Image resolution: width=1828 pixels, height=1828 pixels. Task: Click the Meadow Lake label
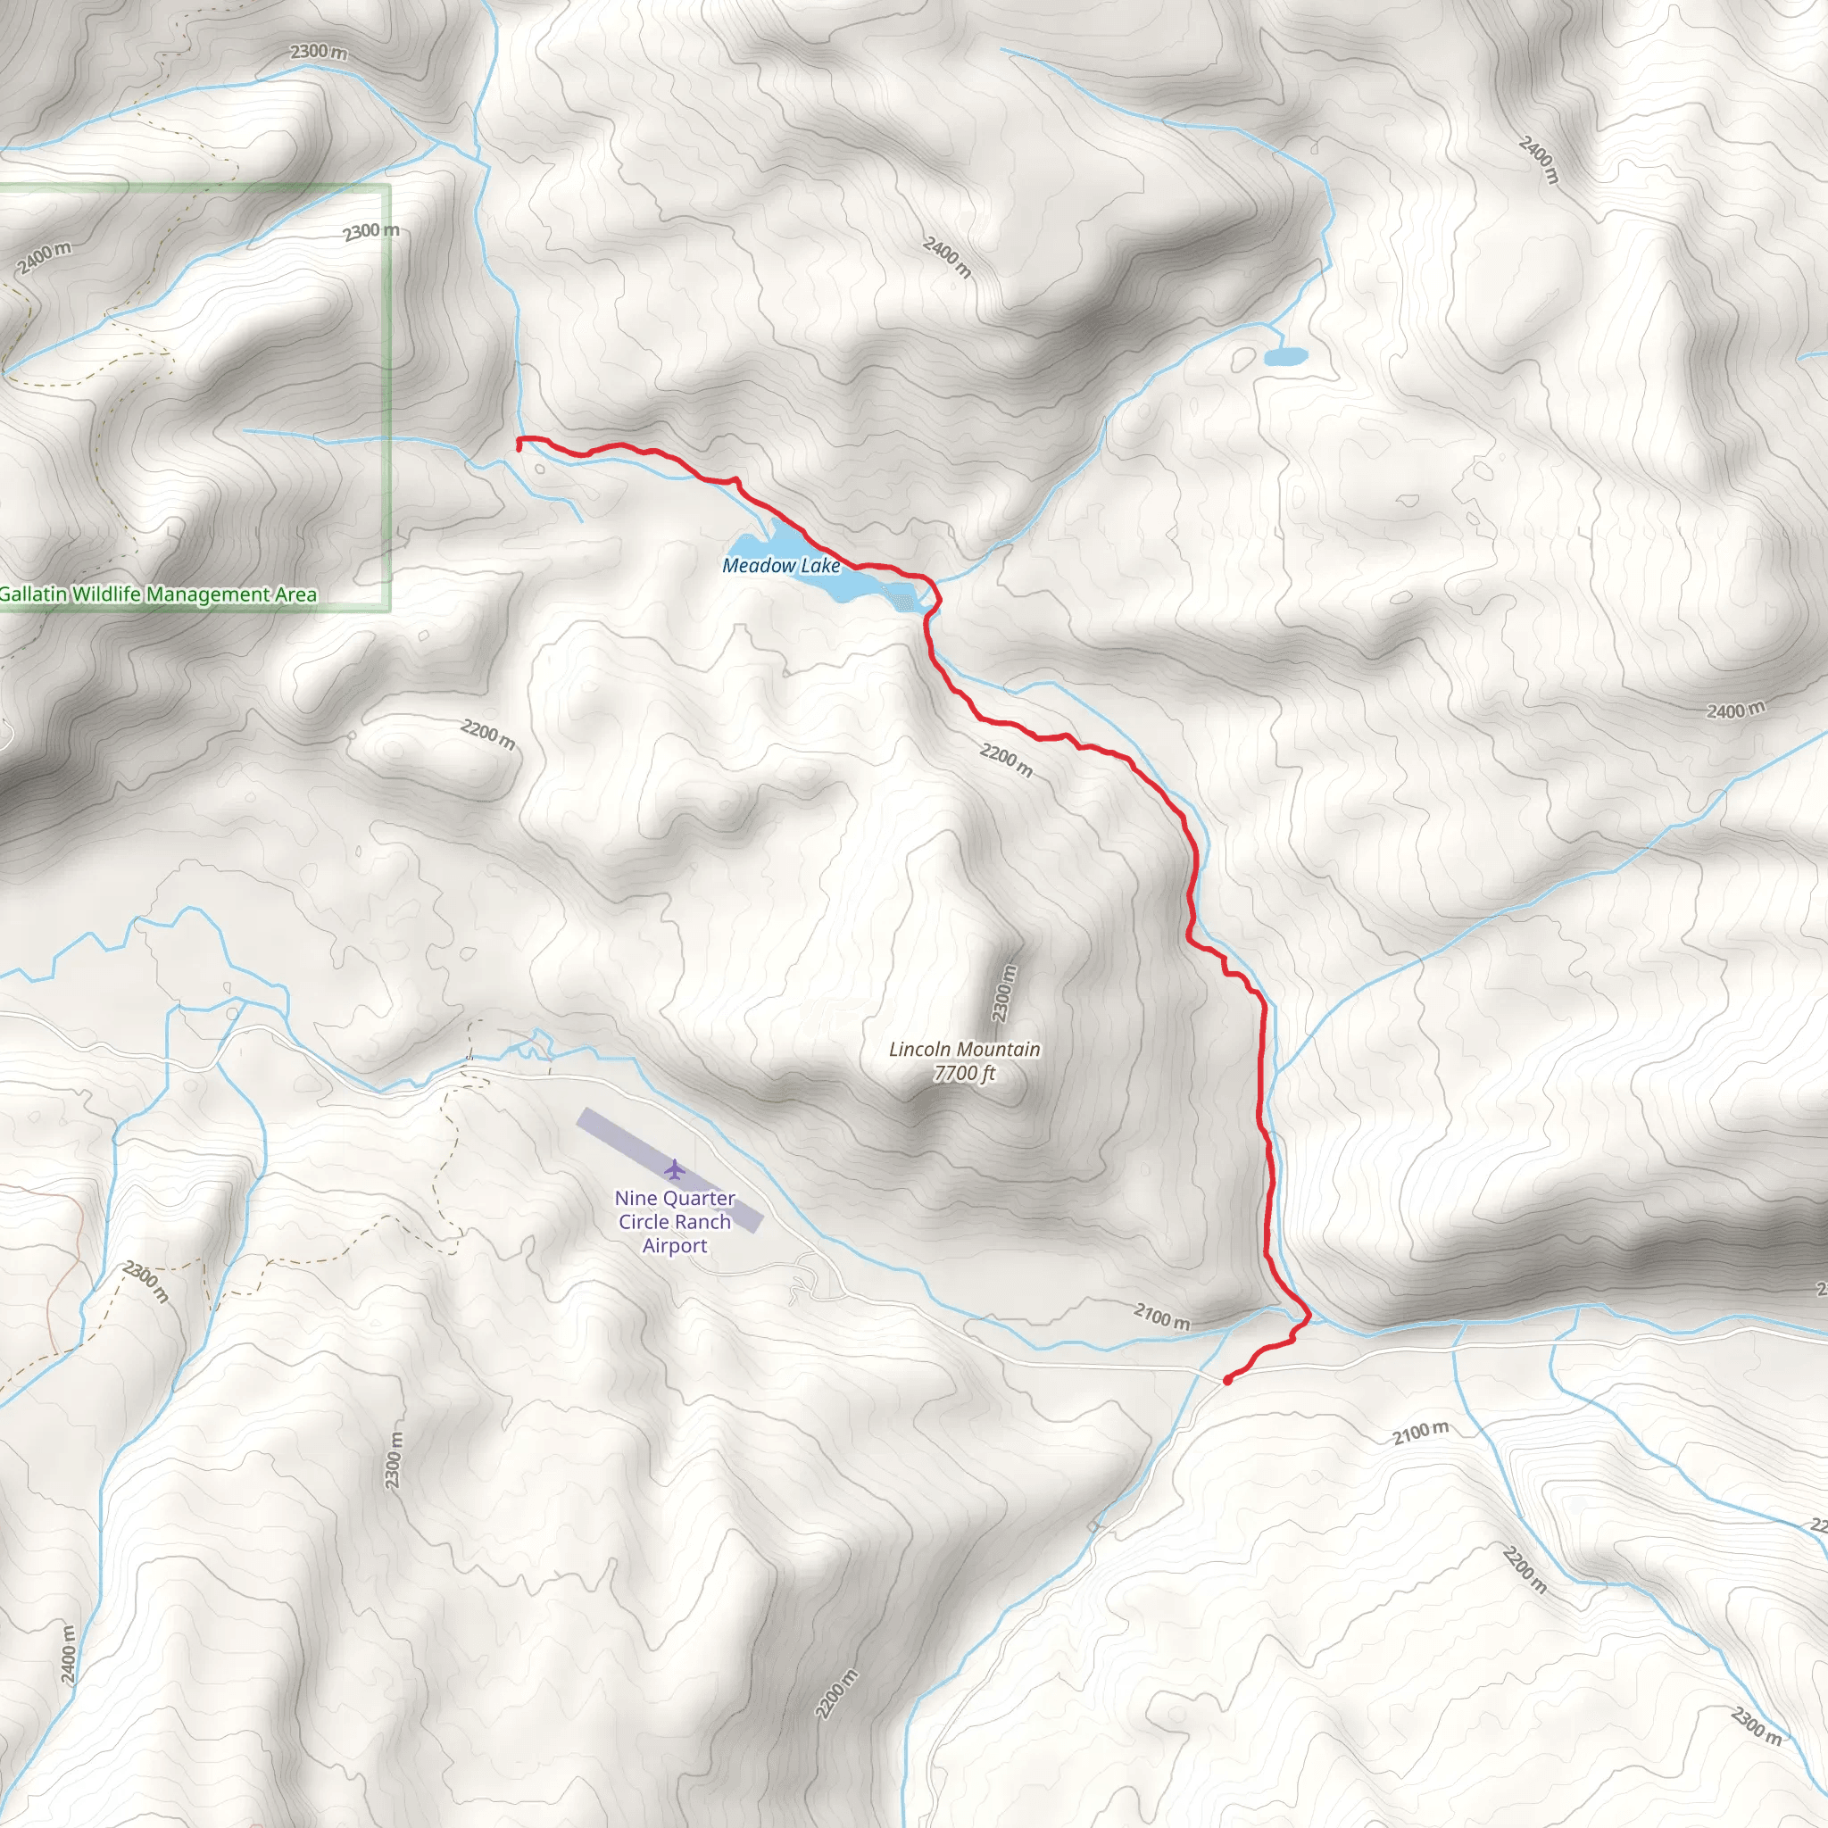pos(781,566)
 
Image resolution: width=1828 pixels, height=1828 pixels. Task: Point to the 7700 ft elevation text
pos(964,1074)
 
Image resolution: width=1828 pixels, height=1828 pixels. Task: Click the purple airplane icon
pos(674,1169)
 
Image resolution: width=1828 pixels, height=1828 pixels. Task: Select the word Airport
pos(675,1246)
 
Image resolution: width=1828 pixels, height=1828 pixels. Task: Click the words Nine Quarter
pos(675,1199)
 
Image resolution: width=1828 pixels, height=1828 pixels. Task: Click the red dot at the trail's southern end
pos(1227,1381)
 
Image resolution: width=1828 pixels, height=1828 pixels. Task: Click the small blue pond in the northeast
pos(1285,357)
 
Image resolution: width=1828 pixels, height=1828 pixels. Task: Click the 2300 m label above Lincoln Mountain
pos(1004,993)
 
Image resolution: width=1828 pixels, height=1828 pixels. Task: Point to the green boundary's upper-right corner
pos(389,187)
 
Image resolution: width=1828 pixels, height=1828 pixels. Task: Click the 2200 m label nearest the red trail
pos(1006,760)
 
